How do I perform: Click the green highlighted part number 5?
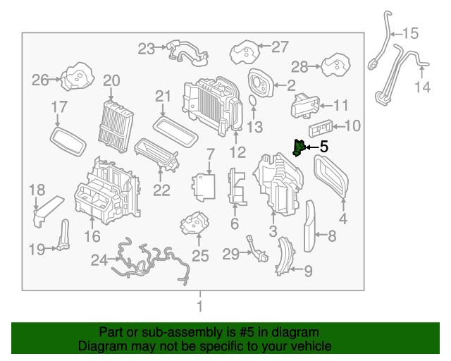pos(299,148)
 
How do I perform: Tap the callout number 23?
pos(146,49)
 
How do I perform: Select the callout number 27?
pos(280,47)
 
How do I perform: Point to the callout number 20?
pos(112,81)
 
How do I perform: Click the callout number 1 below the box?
pos(199,306)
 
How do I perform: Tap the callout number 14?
pos(421,87)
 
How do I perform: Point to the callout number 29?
pos(231,253)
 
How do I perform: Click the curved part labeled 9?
pos(284,255)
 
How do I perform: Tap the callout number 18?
pos(37,189)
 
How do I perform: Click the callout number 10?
pos(352,126)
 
